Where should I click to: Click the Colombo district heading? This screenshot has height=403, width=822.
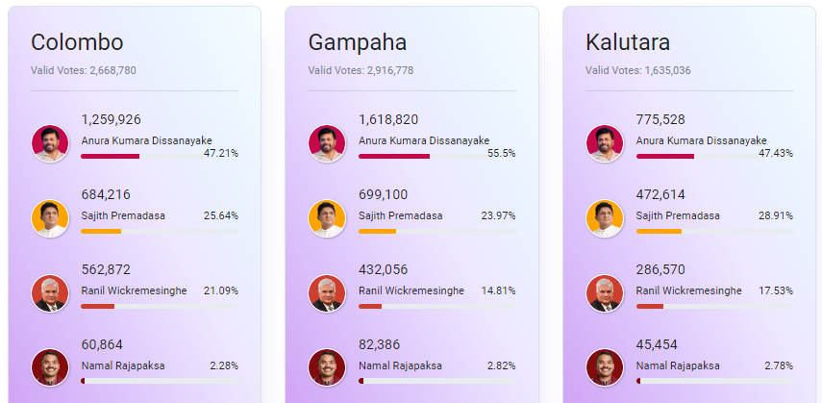point(77,42)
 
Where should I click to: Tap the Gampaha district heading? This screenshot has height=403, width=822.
point(358,42)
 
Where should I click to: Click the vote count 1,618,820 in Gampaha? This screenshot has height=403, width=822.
point(388,119)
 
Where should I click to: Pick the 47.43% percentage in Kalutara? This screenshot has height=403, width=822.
point(775,153)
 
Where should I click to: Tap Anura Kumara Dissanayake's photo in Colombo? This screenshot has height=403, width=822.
point(50,143)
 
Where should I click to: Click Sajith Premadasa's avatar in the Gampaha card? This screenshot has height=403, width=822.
point(327,218)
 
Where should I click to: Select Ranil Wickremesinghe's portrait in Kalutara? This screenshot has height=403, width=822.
point(605,293)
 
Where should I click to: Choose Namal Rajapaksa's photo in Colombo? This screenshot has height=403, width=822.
point(50,368)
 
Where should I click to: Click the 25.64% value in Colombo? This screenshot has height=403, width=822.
point(220,215)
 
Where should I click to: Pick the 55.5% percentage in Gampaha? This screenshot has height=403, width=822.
point(501,153)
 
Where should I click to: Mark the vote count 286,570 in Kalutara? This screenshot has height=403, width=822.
point(662,269)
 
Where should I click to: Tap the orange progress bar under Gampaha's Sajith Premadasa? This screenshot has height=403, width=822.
point(377,231)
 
